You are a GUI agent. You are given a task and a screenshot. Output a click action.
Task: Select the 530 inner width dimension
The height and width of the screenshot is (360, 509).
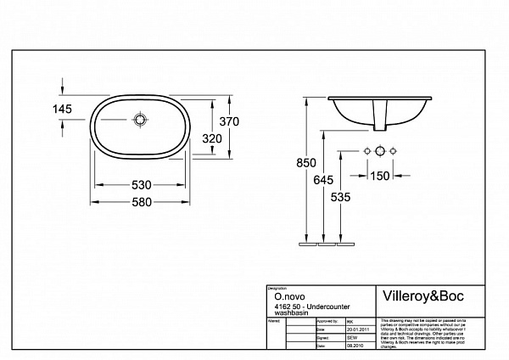tap(141, 184)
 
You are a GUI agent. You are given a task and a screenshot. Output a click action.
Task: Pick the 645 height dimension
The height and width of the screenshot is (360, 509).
tap(321, 180)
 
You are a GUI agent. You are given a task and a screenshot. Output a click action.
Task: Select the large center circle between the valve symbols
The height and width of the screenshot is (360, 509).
tap(381, 151)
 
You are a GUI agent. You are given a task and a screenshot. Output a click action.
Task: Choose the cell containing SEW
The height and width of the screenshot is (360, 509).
tap(352, 338)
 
